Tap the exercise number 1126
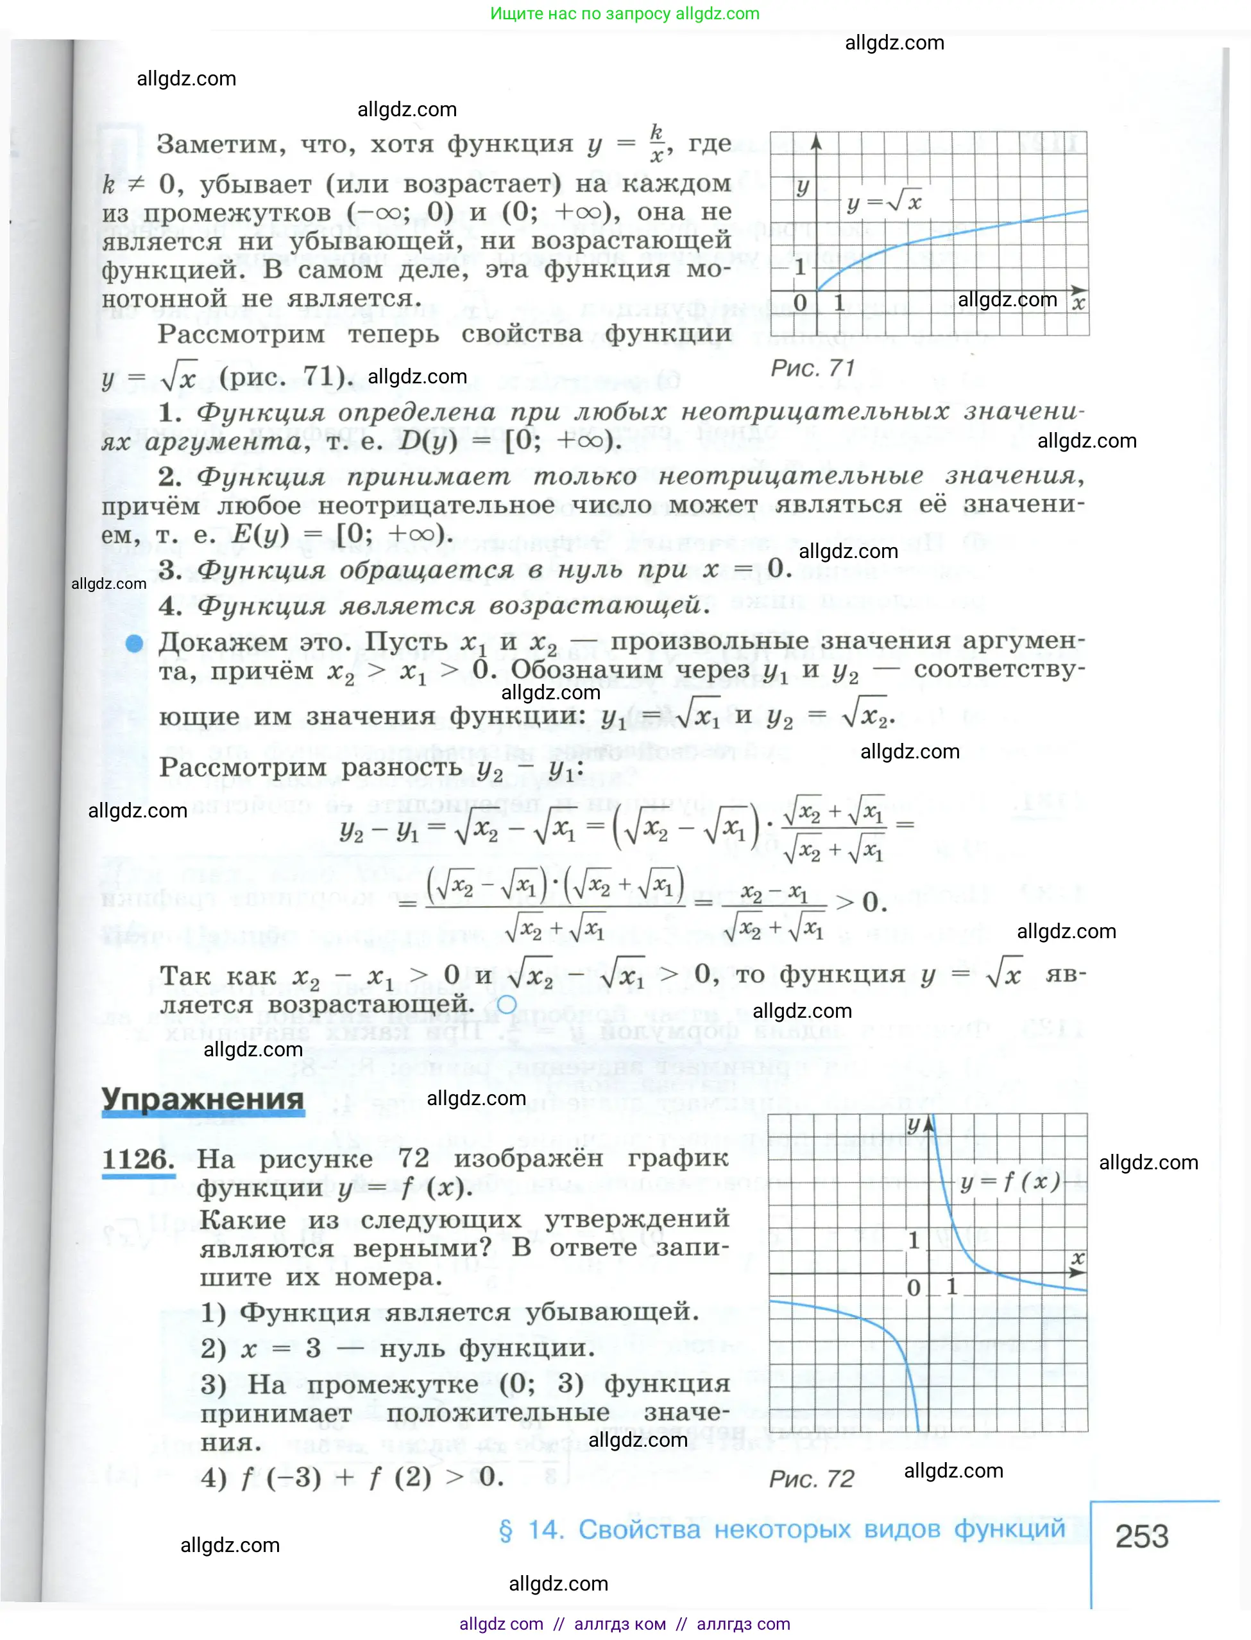coord(138,1160)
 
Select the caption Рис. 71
coord(812,368)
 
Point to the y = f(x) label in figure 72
coord(1010,1182)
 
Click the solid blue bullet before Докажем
coord(134,643)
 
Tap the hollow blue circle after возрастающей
coord(506,1004)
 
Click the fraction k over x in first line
coord(656,144)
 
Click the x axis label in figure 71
coord(1078,303)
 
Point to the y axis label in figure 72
coord(914,1124)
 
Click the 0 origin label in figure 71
coord(800,303)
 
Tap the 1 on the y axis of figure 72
coord(914,1241)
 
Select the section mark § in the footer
coord(506,1530)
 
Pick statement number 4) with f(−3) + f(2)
coord(214,1477)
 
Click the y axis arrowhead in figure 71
coord(816,141)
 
